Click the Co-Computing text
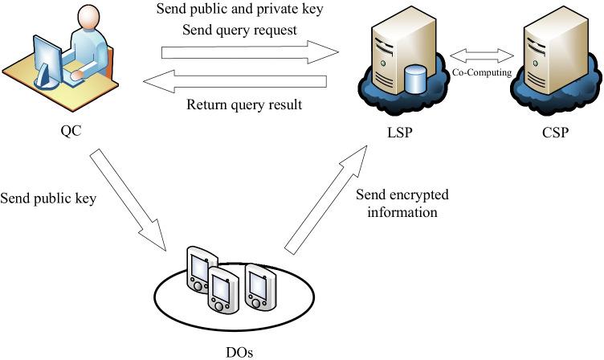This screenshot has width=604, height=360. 481,70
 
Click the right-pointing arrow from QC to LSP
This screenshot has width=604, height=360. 250,54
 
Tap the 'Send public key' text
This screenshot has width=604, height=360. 49,197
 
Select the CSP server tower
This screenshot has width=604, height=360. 553,52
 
